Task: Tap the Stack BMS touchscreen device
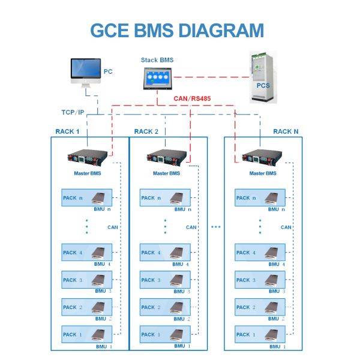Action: (157, 78)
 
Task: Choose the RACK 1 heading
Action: (65, 131)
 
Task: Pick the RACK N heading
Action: (285, 131)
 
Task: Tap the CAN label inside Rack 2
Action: (191, 227)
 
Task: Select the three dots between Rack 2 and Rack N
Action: (216, 227)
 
